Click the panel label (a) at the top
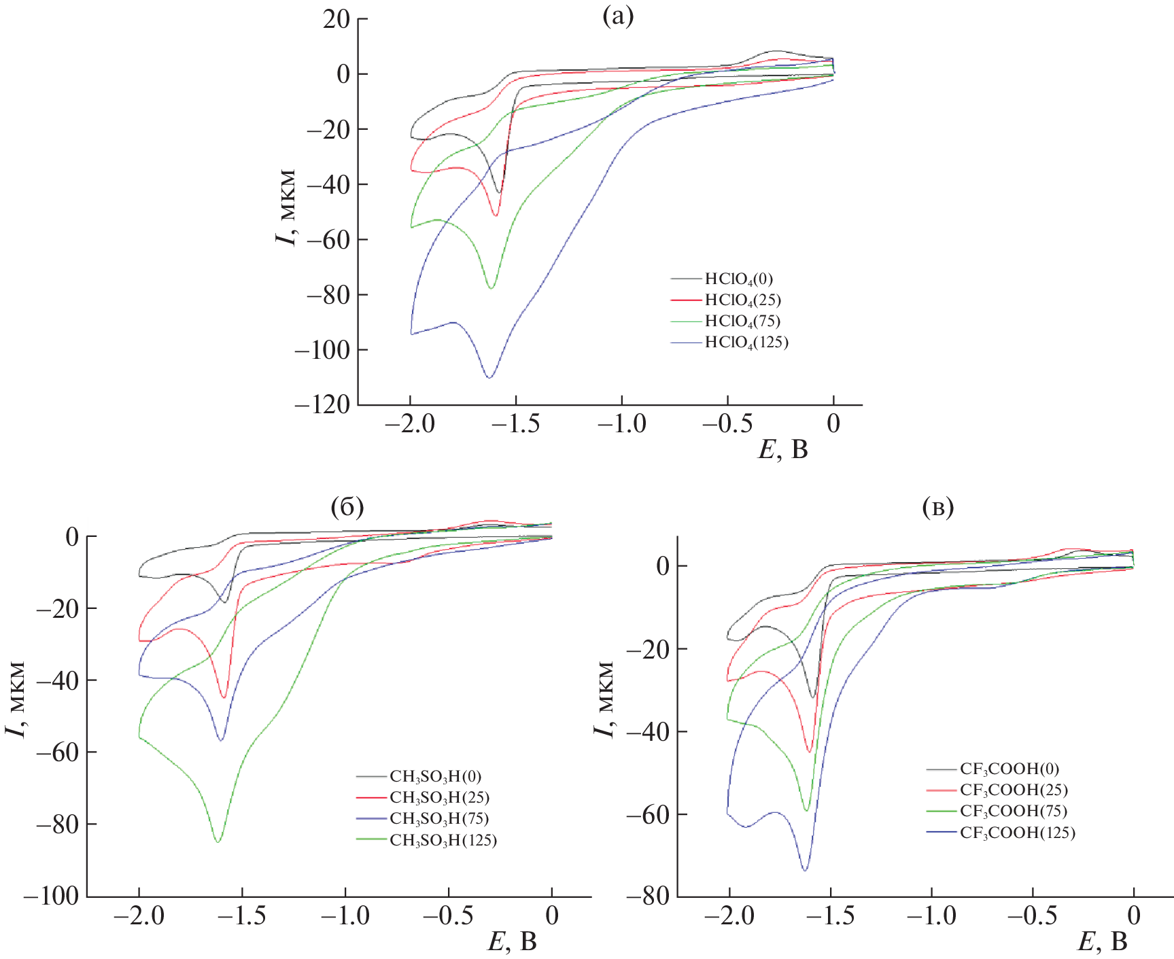click(x=618, y=16)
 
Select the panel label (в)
click(x=938, y=506)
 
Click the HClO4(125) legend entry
click(x=746, y=342)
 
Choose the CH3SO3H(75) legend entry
click(x=438, y=818)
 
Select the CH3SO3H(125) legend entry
click(x=443, y=840)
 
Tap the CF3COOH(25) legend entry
click(x=1013, y=790)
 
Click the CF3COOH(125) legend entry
click(x=1017, y=833)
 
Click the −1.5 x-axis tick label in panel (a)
click(x=516, y=424)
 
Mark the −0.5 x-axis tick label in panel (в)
click(x=1032, y=916)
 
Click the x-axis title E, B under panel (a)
click(x=782, y=449)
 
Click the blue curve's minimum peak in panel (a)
click(x=489, y=377)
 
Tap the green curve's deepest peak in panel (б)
click(x=218, y=842)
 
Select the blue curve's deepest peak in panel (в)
click(x=805, y=870)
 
